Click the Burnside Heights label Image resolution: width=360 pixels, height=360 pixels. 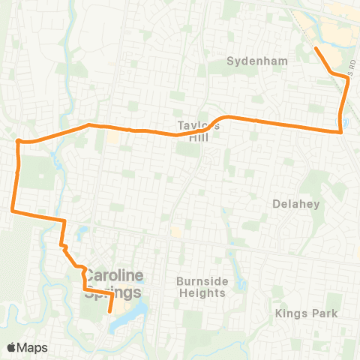pos(201,286)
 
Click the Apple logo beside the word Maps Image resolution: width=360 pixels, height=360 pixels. pos(11,347)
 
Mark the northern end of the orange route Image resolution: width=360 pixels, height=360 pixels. pos(315,48)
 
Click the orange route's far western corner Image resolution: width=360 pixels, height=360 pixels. pos(17,140)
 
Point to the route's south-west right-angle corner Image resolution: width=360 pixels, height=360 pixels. pos(13,212)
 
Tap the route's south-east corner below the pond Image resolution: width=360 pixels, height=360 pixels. pos(342,132)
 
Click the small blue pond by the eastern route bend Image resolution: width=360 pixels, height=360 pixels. pos(344,122)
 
